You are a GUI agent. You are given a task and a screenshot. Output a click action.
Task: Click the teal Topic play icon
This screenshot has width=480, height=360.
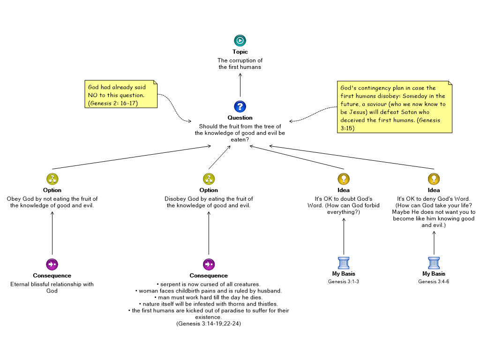click(240, 40)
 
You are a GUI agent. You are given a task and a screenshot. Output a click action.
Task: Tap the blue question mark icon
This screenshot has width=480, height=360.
click(240, 106)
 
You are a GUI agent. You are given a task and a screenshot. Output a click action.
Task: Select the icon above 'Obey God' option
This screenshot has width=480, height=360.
click(52, 179)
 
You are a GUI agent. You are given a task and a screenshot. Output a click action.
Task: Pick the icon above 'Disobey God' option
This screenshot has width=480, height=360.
click(209, 179)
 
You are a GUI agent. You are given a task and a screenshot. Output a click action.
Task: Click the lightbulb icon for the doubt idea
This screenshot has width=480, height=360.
click(344, 179)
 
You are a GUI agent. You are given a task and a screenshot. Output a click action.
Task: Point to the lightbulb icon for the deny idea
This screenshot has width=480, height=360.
click(434, 179)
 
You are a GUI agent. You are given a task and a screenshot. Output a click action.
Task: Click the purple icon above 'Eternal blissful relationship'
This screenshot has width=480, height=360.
click(52, 264)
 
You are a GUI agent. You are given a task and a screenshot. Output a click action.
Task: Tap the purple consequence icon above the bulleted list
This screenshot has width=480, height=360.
click(209, 264)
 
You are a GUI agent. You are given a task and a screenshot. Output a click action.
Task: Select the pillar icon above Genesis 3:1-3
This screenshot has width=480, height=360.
click(344, 262)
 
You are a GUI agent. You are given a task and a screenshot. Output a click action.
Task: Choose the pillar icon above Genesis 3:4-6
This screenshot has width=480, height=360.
click(434, 262)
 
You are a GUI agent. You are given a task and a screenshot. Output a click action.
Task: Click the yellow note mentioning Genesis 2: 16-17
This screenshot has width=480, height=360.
click(121, 94)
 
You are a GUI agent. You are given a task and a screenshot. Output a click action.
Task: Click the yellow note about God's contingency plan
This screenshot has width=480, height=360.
click(395, 107)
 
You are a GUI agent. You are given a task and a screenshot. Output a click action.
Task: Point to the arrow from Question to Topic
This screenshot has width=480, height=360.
click(240, 85)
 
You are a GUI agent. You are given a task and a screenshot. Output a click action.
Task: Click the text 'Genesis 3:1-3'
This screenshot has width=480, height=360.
click(344, 281)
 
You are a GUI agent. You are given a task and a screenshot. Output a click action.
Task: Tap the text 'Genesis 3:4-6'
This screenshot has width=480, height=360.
click(434, 281)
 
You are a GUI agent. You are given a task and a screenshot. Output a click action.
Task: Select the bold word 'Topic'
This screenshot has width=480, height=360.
click(240, 52)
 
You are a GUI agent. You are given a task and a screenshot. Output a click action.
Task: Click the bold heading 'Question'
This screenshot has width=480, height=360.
click(240, 118)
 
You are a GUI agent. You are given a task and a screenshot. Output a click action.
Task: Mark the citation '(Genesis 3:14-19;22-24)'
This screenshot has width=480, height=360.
click(209, 323)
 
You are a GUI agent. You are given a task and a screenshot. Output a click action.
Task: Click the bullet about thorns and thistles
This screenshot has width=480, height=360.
click(209, 304)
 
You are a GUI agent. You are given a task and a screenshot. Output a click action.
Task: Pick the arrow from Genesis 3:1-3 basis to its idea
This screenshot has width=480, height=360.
click(344, 236)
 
